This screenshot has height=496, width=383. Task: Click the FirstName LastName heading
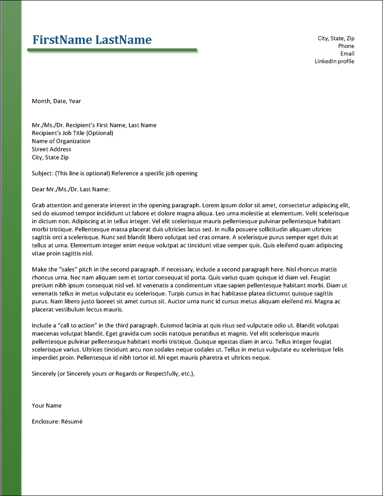(92, 40)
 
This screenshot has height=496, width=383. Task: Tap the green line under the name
(112, 50)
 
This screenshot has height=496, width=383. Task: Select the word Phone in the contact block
(346, 46)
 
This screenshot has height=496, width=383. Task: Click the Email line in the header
(347, 54)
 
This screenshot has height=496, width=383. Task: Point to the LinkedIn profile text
(334, 61)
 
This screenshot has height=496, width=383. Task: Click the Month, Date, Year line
(56, 101)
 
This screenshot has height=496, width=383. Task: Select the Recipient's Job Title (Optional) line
(72, 133)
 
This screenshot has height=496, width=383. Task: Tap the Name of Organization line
(61, 141)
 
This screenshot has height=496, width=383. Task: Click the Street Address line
(51, 149)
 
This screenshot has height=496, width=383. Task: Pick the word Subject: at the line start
(43, 173)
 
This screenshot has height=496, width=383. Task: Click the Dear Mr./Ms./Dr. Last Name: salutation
(71, 189)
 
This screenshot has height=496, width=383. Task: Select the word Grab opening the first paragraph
(38, 205)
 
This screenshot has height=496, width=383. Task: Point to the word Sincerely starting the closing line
(44, 374)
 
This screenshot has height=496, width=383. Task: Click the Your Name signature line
(47, 405)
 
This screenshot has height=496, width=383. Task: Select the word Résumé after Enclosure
(72, 422)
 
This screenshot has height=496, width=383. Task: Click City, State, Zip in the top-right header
(336, 38)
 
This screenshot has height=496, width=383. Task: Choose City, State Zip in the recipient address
(50, 157)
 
